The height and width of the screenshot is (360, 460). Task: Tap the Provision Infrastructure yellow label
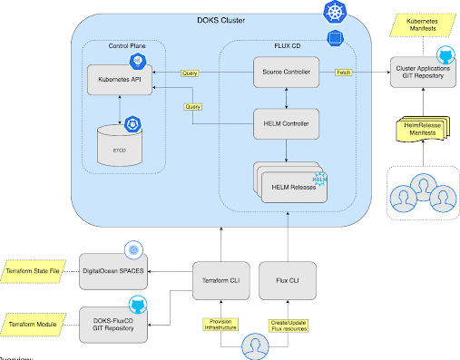220,324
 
